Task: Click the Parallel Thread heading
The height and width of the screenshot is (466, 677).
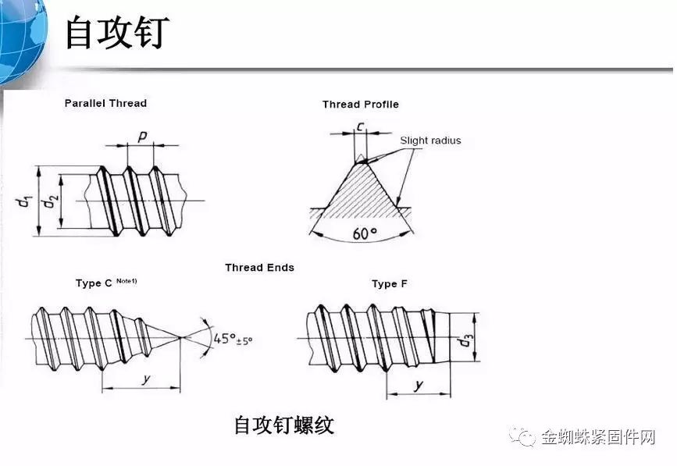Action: [105, 103]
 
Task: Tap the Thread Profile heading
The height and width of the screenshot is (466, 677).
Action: [360, 105]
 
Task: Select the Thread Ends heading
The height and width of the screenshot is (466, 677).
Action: [259, 268]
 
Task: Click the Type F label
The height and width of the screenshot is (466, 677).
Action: [389, 284]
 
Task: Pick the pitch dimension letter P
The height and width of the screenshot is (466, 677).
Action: [143, 136]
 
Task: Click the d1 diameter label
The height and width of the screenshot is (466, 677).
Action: [23, 201]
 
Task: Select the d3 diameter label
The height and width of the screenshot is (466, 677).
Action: [466, 340]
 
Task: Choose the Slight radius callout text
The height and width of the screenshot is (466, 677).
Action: [430, 141]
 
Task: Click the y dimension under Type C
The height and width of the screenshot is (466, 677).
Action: [145, 379]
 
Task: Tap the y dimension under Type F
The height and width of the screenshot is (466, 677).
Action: [419, 386]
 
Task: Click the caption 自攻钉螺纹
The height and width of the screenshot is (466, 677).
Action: [283, 425]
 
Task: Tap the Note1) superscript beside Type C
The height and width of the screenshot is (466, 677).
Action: [127, 281]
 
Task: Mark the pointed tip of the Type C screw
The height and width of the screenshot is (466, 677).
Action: [181, 337]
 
